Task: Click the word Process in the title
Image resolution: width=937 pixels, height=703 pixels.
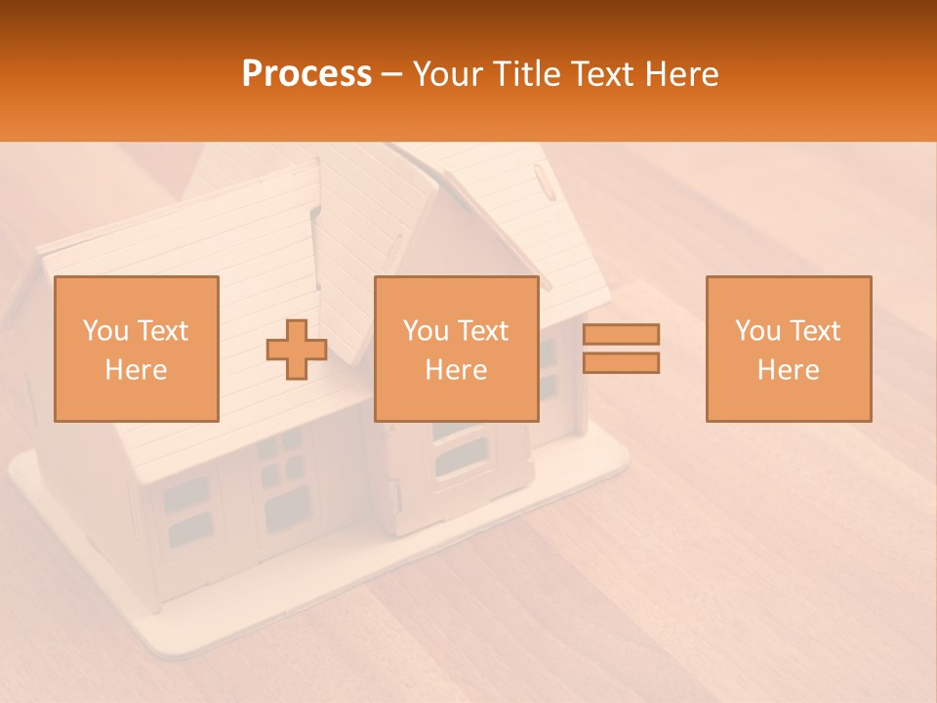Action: (x=306, y=74)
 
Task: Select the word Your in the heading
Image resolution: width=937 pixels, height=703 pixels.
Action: (x=451, y=74)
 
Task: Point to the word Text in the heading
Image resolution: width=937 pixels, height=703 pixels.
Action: (x=598, y=74)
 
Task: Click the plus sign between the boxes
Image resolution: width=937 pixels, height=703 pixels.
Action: (x=297, y=350)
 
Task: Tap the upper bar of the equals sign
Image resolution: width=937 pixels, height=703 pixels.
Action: (x=621, y=334)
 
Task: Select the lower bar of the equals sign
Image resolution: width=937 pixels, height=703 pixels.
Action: (x=621, y=362)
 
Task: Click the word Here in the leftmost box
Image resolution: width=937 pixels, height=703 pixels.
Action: (x=136, y=370)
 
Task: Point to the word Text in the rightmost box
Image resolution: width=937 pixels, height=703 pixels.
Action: (x=813, y=331)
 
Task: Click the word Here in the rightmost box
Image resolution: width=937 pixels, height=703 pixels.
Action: (x=788, y=370)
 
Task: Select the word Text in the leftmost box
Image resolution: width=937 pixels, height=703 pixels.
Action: (x=161, y=331)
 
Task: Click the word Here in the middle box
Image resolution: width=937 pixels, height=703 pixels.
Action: (x=456, y=370)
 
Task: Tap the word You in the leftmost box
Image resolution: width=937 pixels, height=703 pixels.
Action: (x=104, y=331)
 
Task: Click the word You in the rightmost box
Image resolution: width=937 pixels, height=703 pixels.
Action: (x=757, y=331)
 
